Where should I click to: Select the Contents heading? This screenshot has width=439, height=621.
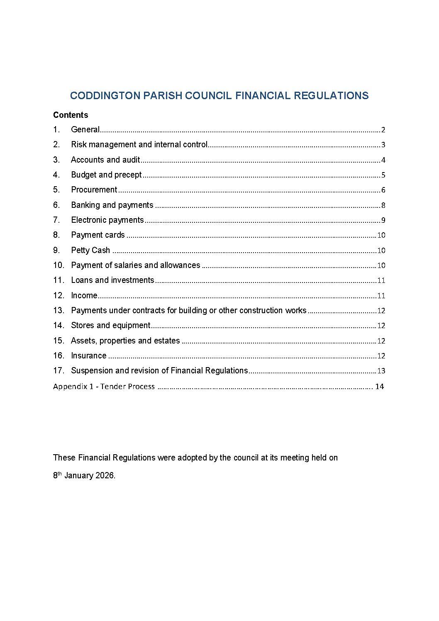(x=71, y=115)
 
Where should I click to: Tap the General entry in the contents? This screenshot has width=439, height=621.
(x=85, y=129)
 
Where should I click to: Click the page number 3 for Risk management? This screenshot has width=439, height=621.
(x=383, y=145)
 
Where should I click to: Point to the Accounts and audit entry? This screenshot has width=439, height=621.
(x=105, y=160)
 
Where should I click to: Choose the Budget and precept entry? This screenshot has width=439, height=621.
(x=106, y=175)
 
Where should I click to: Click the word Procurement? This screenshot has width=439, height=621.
(x=94, y=190)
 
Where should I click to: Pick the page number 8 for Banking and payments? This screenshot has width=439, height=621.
(x=383, y=205)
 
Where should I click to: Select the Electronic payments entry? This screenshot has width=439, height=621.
(x=107, y=220)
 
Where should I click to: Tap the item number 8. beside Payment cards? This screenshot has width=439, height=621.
(x=56, y=235)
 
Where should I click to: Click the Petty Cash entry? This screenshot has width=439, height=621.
(x=90, y=250)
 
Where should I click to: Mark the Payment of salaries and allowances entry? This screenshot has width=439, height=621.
(x=135, y=265)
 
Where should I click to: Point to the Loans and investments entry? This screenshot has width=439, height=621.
(x=112, y=280)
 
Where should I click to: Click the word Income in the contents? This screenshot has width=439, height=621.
(x=84, y=295)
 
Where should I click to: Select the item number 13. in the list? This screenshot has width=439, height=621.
(x=59, y=310)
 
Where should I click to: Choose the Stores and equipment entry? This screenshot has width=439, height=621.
(x=110, y=326)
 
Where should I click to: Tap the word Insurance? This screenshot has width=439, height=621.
(x=89, y=356)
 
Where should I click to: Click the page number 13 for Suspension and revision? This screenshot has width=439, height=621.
(x=381, y=371)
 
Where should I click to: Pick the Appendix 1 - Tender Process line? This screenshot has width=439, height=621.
(x=104, y=387)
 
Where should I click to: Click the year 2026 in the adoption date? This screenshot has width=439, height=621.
(x=105, y=476)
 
